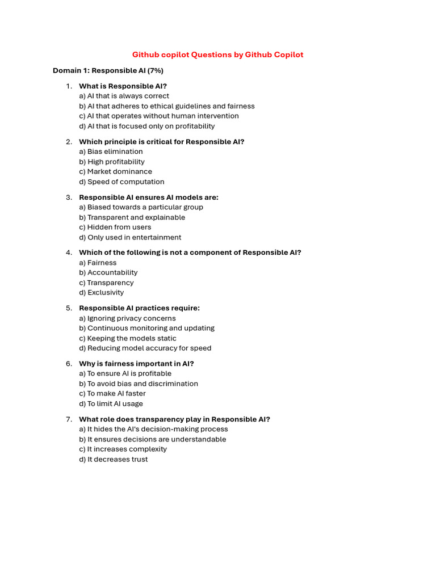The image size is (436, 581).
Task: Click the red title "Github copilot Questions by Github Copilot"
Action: [217, 55]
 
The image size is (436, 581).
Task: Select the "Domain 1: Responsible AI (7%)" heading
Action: [108, 71]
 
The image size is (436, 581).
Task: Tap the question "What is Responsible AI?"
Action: [123, 86]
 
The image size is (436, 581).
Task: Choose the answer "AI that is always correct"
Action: [124, 96]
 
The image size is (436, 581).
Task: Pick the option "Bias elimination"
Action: [111, 151]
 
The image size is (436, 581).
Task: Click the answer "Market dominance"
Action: [115, 171]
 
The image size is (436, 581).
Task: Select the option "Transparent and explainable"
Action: [132, 217]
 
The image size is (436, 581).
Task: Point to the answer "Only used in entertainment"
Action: [130, 237]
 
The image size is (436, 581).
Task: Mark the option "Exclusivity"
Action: [101, 293]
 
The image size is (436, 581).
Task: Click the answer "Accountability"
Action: [108, 272]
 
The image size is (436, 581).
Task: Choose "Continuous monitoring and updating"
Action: [146, 328]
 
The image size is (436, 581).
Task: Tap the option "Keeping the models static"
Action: [128, 338]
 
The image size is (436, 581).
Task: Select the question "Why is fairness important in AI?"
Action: [136, 364]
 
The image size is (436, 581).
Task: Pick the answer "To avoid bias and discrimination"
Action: [139, 384]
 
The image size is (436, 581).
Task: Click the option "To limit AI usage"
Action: [111, 404]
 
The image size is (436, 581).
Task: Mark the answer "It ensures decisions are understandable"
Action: [152, 439]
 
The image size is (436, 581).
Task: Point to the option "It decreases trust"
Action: [113, 460]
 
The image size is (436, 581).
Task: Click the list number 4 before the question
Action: [68, 252]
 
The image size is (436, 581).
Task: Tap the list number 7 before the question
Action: [68, 419]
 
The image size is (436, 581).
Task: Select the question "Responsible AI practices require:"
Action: [139, 308]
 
